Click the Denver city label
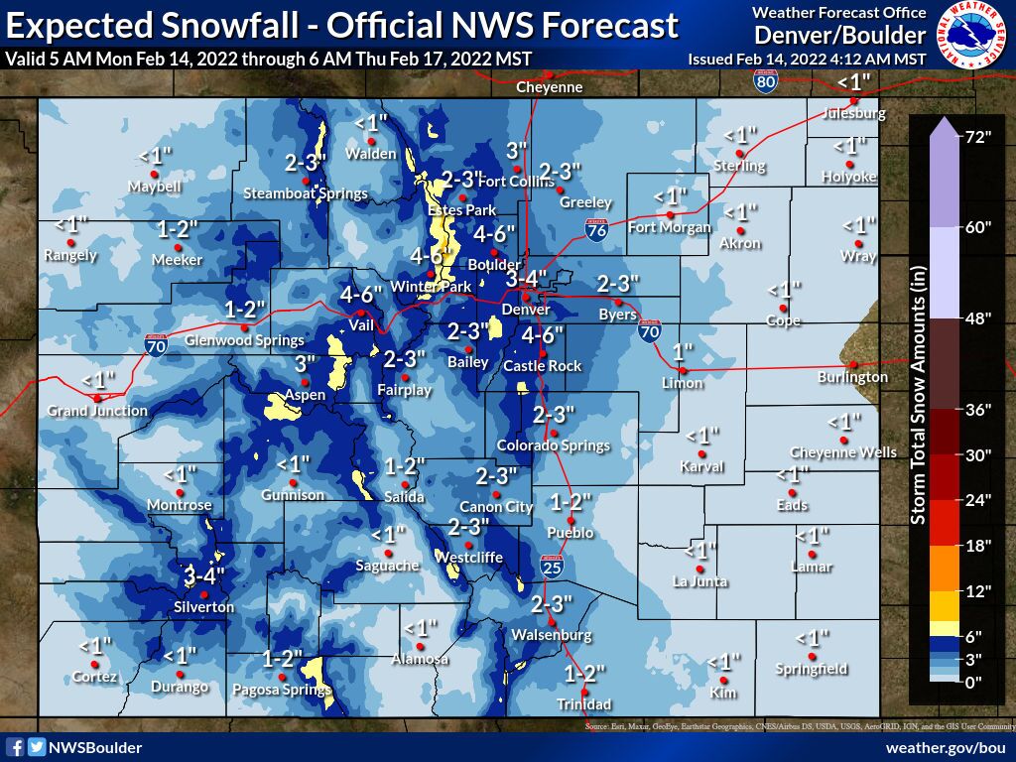tap(526, 310)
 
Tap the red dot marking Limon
tap(683, 370)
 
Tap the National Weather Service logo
tap(973, 35)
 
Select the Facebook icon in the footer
tap(15, 747)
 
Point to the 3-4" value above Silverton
tap(205, 575)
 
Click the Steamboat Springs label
tap(306, 193)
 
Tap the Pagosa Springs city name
tap(281, 690)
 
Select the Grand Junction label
tap(97, 410)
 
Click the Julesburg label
tap(854, 113)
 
